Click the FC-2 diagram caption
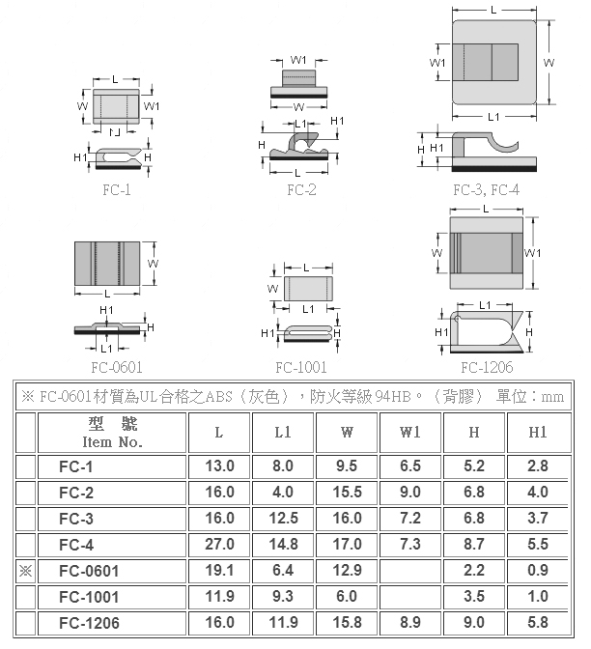click(301, 190)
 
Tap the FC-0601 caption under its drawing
click(117, 367)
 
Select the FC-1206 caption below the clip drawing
click(487, 367)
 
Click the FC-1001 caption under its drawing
click(301, 367)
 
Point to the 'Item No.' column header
click(113, 442)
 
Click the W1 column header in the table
click(410, 432)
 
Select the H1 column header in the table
click(538, 432)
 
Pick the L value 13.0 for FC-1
click(220, 466)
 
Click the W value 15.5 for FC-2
click(348, 493)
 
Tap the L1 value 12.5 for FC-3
click(284, 519)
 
